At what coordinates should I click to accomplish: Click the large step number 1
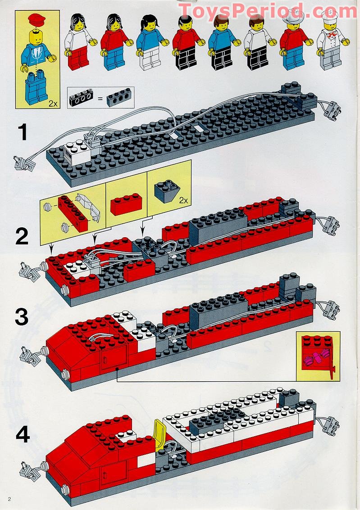pyautogui.click(x=23, y=134)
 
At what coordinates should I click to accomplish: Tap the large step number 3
pyautogui.click(x=23, y=317)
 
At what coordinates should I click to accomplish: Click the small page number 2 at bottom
pyautogui.click(x=9, y=499)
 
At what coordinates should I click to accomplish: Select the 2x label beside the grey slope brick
pyautogui.click(x=183, y=200)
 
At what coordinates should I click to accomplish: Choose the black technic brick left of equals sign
pyautogui.click(x=81, y=97)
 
